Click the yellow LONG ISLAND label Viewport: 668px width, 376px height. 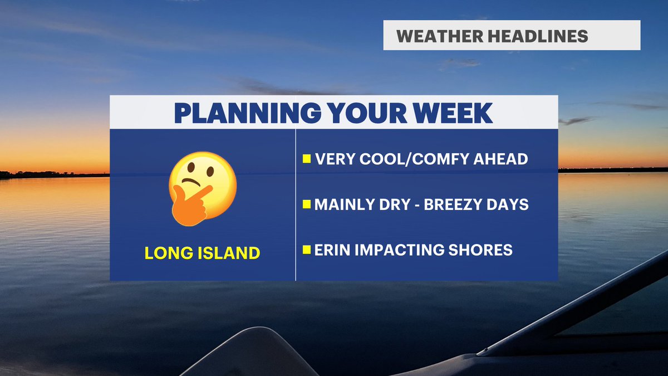(202, 253)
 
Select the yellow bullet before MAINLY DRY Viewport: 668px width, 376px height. (306, 205)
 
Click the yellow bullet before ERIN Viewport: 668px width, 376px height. (306, 250)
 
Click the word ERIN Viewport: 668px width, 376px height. (332, 250)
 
